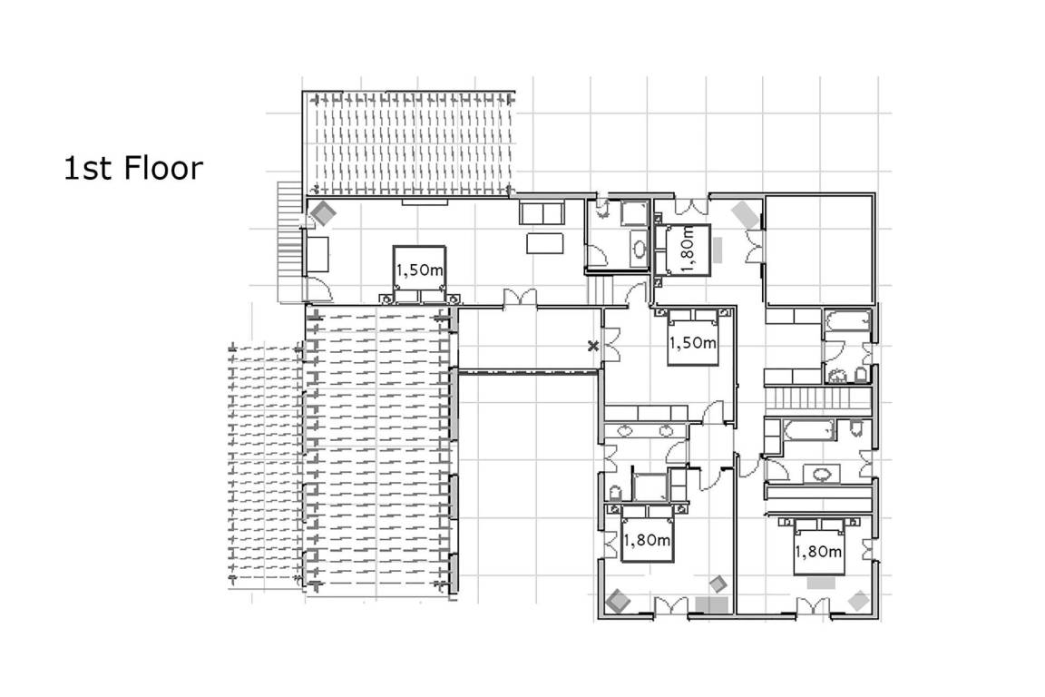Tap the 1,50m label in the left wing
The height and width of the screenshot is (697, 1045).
click(x=419, y=270)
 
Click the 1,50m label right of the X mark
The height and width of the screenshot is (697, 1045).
click(x=692, y=343)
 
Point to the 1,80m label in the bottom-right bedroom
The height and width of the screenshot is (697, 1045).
click(x=817, y=552)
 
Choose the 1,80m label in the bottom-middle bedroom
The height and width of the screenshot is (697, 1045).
click(x=646, y=540)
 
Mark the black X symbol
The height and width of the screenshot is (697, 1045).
click(x=592, y=346)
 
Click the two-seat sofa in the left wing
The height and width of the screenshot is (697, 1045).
click(x=542, y=212)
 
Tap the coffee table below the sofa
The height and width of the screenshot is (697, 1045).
click(x=545, y=243)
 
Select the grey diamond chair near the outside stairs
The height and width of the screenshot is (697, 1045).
click(x=325, y=212)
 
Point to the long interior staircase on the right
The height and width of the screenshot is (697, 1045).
click(x=817, y=398)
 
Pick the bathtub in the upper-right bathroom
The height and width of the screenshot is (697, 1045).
click(x=847, y=321)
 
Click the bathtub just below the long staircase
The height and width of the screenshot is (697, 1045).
click(x=808, y=429)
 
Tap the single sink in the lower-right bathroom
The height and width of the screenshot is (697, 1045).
click(x=822, y=475)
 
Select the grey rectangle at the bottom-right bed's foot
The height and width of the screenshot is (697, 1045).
click(x=821, y=583)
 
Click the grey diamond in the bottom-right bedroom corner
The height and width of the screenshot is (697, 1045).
click(x=858, y=600)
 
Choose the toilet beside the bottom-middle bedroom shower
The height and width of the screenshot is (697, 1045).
click(x=615, y=493)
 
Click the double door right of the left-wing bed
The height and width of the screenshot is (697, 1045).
click(x=520, y=298)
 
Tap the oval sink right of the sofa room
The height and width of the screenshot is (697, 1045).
click(x=640, y=250)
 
